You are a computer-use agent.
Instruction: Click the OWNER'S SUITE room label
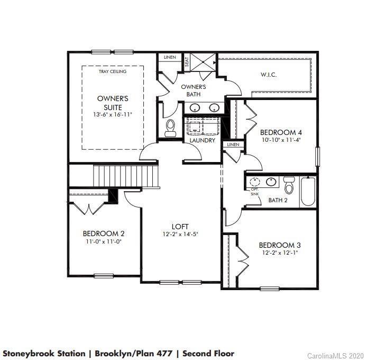click(113, 103)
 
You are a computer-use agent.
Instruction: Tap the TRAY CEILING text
click(113, 71)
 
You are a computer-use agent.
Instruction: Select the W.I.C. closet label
click(268, 75)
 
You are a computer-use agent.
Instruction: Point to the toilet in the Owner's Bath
click(170, 128)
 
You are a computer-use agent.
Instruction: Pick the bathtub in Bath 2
click(308, 192)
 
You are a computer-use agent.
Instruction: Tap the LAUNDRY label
click(202, 140)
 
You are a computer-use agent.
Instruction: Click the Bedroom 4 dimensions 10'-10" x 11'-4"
click(281, 141)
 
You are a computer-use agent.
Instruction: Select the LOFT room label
click(180, 227)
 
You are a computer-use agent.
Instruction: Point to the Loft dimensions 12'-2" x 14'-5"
click(180, 234)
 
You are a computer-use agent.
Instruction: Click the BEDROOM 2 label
click(104, 233)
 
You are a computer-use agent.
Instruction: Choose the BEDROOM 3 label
click(280, 245)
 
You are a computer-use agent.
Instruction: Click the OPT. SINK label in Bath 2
click(255, 192)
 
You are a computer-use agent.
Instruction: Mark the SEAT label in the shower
click(187, 61)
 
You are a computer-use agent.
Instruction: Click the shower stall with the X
click(201, 62)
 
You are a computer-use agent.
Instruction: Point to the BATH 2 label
click(278, 200)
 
